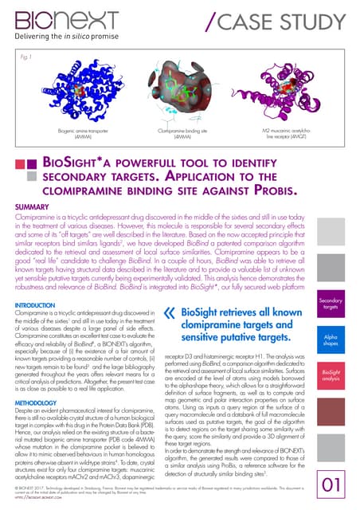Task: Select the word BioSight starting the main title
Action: tap(80, 164)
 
